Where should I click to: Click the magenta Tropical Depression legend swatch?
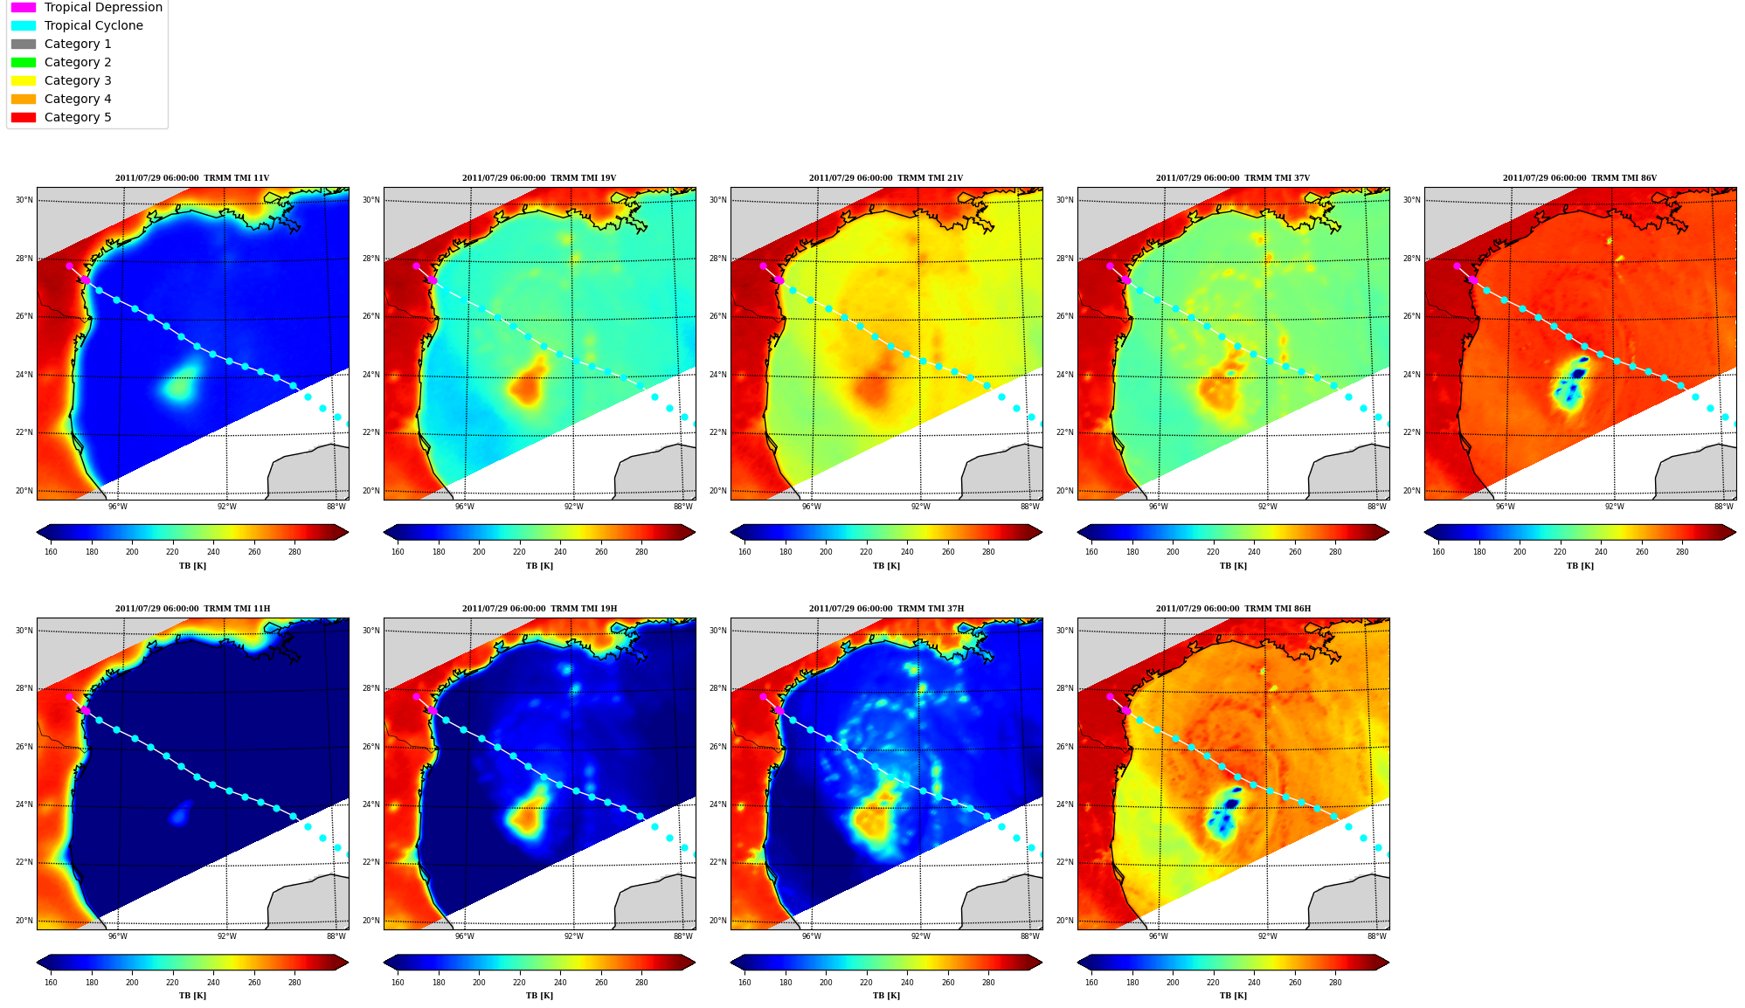(24, 8)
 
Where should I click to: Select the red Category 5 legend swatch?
(24, 117)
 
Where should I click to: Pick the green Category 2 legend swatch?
(24, 62)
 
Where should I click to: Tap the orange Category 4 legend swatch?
(24, 99)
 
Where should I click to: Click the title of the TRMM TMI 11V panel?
(192, 178)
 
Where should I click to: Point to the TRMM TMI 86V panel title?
(1580, 178)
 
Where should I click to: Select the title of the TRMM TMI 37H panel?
(886, 609)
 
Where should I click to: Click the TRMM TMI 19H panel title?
(539, 609)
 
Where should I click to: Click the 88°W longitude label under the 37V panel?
(1377, 507)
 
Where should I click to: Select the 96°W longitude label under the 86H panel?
(1158, 936)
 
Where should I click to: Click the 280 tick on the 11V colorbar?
(294, 551)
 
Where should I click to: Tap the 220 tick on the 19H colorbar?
(519, 983)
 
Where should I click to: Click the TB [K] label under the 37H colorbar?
(886, 996)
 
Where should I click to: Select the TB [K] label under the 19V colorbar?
(539, 566)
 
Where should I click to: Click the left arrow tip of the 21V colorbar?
(731, 532)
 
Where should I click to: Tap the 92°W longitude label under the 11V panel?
(226, 507)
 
